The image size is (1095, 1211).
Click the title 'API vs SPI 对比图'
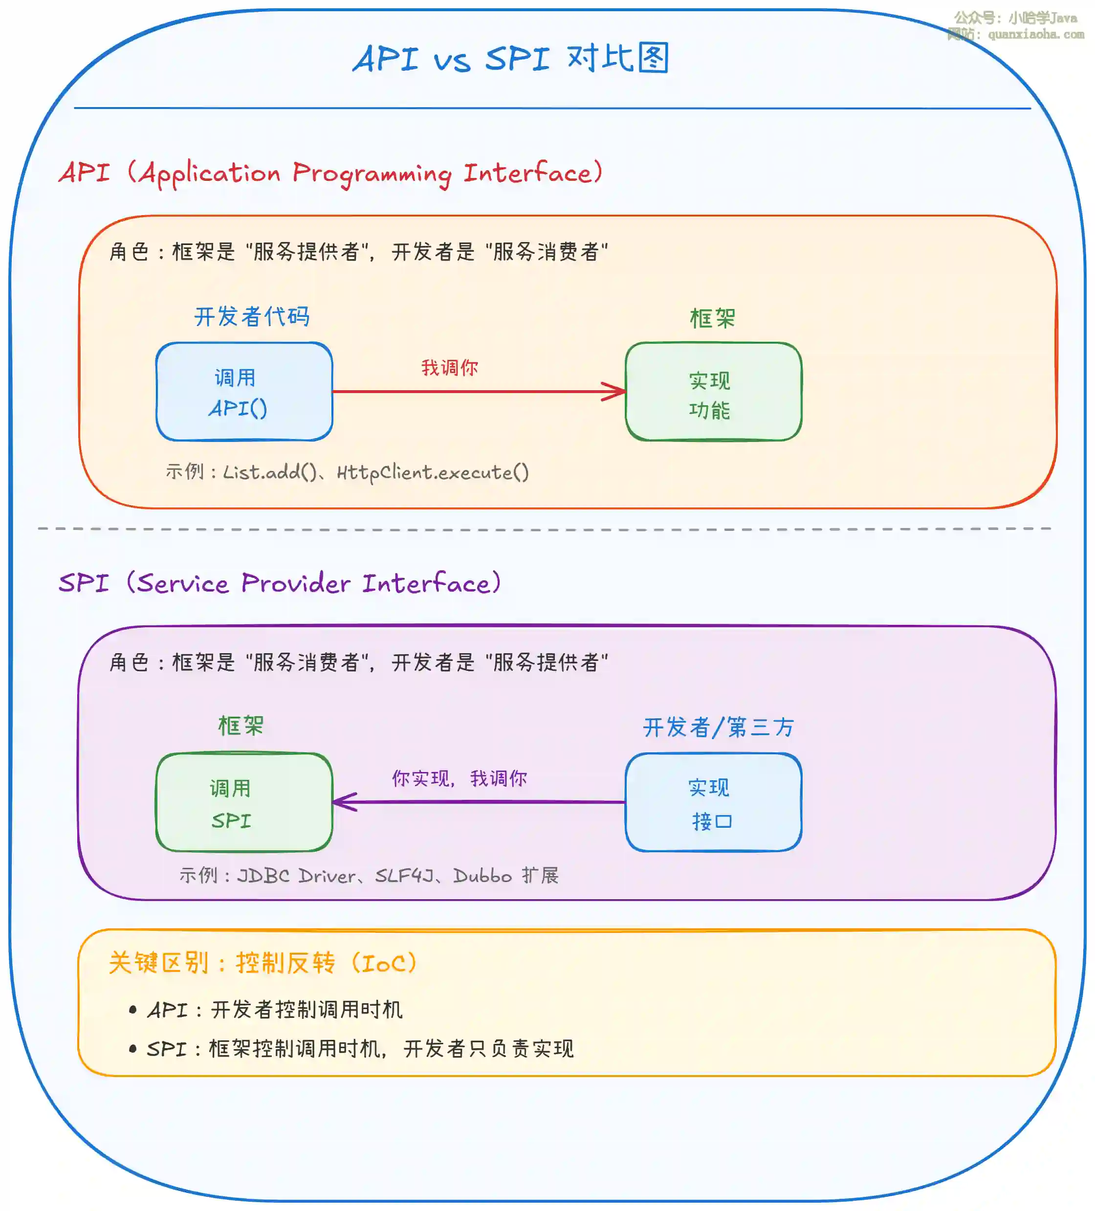click(510, 59)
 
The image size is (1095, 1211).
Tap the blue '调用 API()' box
click(244, 392)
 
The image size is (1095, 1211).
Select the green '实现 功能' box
click(713, 392)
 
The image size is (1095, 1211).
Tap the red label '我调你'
click(449, 368)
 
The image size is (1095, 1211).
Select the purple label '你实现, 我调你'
click(459, 778)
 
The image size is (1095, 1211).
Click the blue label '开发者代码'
click(252, 317)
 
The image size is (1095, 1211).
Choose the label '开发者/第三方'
click(719, 727)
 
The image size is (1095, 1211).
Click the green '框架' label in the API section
click(712, 318)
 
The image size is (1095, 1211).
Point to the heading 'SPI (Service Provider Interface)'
click(279, 583)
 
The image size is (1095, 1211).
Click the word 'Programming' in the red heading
click(372, 174)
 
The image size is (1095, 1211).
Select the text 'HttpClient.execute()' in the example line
click(433, 472)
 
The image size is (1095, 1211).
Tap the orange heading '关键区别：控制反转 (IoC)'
click(263, 963)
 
